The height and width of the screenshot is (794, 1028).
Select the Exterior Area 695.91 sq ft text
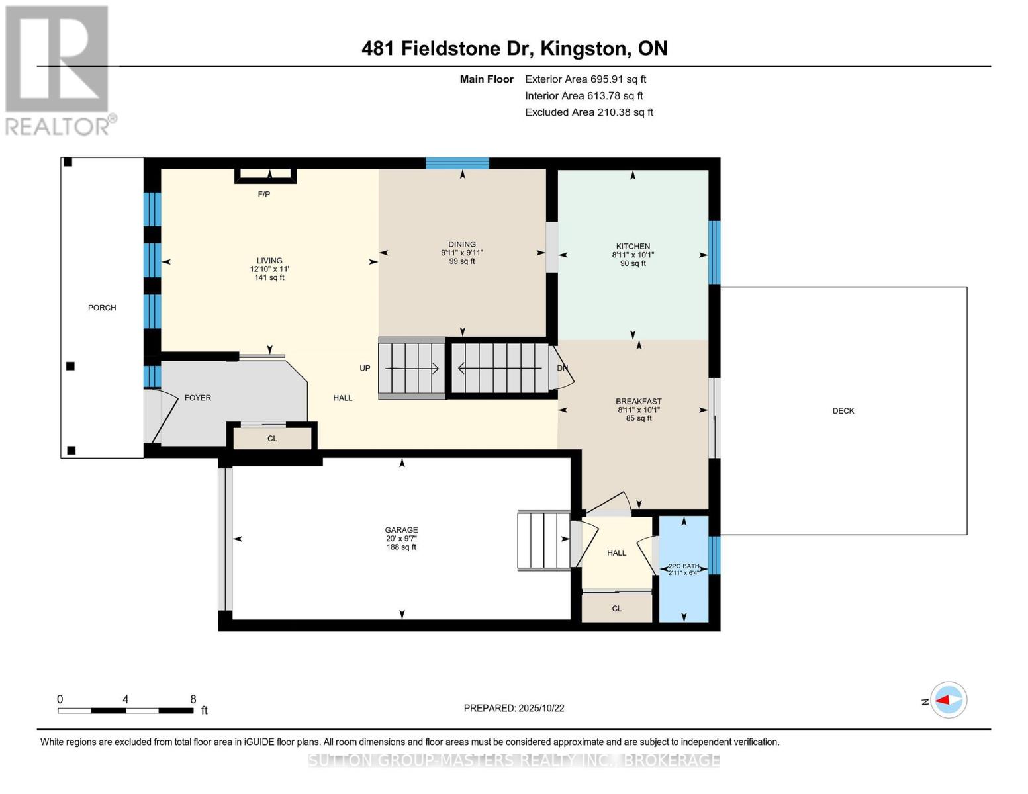(585, 79)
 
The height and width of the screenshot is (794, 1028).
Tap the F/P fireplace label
(263, 194)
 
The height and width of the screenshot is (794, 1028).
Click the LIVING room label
(269, 261)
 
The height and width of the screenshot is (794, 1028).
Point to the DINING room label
(461, 244)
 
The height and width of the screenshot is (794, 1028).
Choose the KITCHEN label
(632, 246)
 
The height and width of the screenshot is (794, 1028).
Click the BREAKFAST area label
(638, 402)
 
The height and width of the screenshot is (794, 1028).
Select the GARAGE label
(401, 530)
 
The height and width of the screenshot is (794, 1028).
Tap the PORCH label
(102, 308)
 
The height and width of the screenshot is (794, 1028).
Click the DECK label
(843, 411)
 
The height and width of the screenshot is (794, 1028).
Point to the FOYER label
(197, 398)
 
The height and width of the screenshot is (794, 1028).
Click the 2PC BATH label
(683, 566)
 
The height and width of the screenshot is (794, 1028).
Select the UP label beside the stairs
(365, 368)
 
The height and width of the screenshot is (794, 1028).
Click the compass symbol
(949, 700)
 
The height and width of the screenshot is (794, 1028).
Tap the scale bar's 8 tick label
(193, 699)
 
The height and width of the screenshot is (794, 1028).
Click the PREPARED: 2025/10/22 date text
(514, 708)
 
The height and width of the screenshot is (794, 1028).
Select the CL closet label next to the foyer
(272, 439)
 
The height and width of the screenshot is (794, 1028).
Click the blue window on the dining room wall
(457, 163)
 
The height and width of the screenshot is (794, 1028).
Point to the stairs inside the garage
(543, 540)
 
